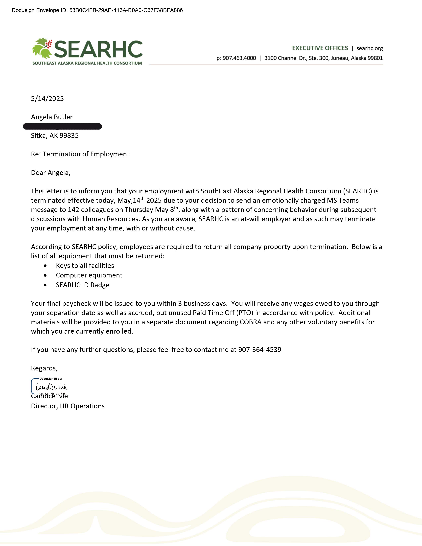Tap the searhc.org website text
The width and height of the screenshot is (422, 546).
[x=370, y=48]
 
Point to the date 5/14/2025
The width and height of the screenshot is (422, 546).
[x=47, y=98]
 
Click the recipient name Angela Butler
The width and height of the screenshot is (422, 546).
[x=52, y=117]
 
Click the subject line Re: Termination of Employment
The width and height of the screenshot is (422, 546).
[x=80, y=154]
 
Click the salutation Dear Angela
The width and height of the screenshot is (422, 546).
[x=50, y=173]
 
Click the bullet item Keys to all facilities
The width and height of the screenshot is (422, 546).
[x=85, y=266]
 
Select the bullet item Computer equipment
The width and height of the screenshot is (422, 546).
[x=89, y=275]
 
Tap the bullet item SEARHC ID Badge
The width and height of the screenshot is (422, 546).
[x=83, y=285]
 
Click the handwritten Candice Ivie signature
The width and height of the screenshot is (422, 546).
[x=52, y=387]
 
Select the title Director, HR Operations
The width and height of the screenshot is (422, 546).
[x=68, y=406]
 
